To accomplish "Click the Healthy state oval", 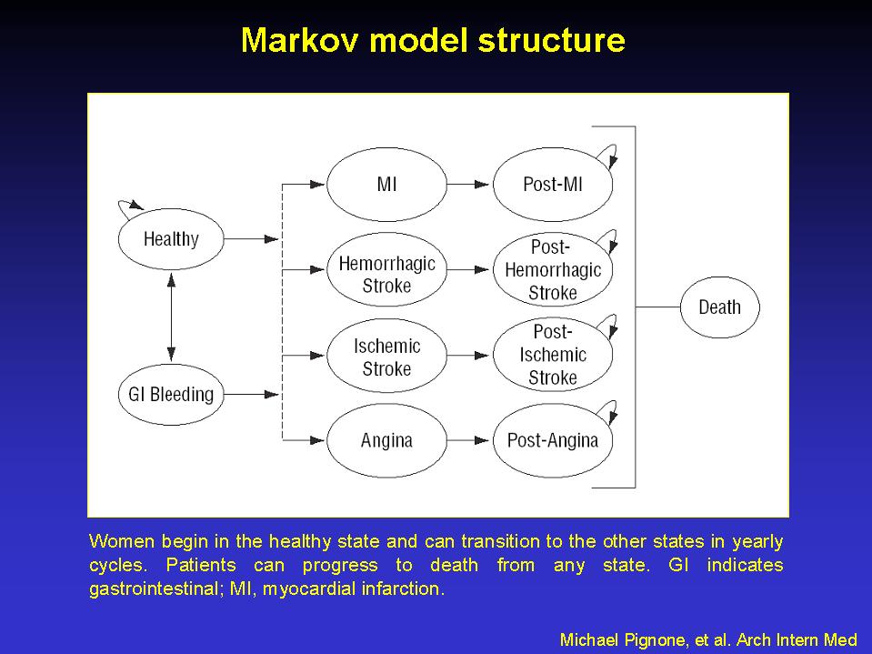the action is (171, 239).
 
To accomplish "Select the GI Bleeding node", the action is (171, 394).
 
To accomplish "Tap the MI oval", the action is (386, 184).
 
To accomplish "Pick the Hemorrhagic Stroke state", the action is (386, 270).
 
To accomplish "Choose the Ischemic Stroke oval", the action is (386, 356).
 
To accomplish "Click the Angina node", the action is (386, 440).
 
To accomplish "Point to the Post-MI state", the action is (553, 184).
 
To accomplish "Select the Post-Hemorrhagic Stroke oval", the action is (553, 270).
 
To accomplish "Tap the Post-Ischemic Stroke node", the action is (553, 356).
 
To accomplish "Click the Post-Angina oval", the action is (553, 440).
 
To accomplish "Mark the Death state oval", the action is (719, 307).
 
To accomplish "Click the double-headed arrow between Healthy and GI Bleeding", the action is (171, 317).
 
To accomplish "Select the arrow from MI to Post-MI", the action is (469, 184).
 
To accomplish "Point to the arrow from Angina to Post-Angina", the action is (469, 440).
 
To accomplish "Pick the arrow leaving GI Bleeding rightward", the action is (251, 394).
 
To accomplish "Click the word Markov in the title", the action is (300, 40).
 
